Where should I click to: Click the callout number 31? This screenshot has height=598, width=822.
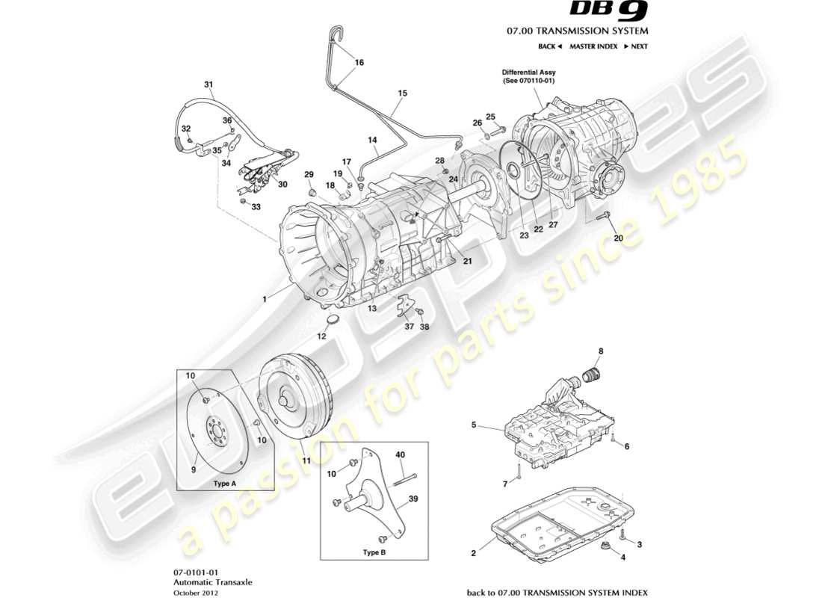click(x=208, y=84)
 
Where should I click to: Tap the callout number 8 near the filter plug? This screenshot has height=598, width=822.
click(x=599, y=351)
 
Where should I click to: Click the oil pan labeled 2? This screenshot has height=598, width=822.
click(x=560, y=523)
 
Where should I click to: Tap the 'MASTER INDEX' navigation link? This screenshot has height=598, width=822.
click(x=593, y=46)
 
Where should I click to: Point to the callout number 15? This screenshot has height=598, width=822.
click(x=402, y=93)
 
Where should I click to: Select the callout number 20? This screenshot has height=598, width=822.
click(x=617, y=238)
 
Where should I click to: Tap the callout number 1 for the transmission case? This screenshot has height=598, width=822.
click(x=264, y=299)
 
